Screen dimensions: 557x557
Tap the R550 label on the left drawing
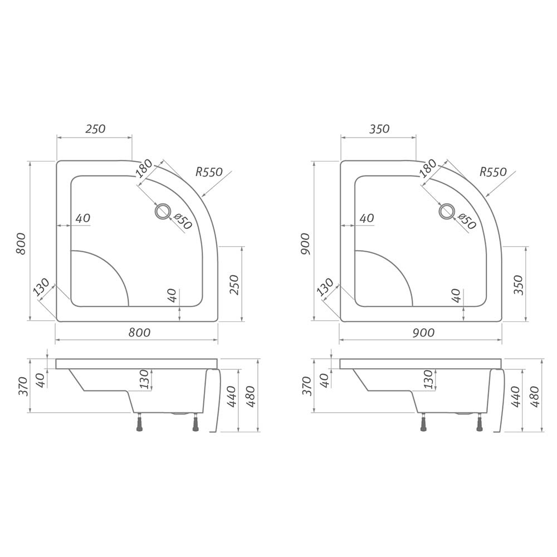[x=209, y=172]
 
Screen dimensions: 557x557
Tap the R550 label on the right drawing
[x=493, y=172]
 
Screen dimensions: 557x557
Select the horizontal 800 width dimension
[x=139, y=333]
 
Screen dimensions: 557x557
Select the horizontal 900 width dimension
[x=423, y=333]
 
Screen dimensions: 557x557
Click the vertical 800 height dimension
[x=21, y=243]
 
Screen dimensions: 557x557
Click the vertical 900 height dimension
[x=305, y=243]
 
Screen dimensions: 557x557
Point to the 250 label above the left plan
[x=96, y=129]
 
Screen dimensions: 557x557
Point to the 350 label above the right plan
[x=379, y=129]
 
